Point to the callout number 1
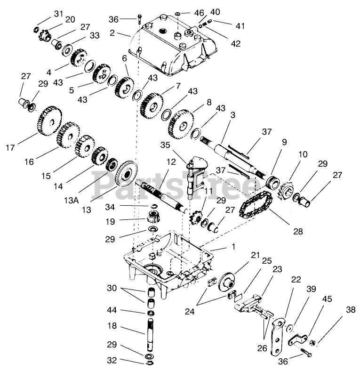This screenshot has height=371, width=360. coord(233,246)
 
